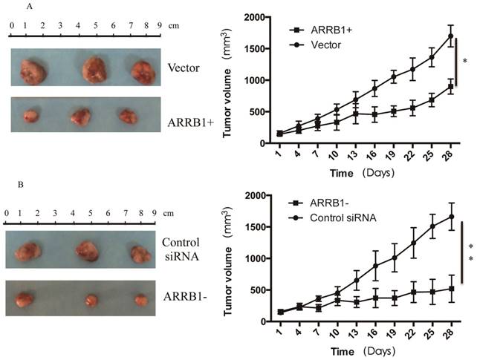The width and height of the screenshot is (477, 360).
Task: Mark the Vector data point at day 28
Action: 450,36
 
